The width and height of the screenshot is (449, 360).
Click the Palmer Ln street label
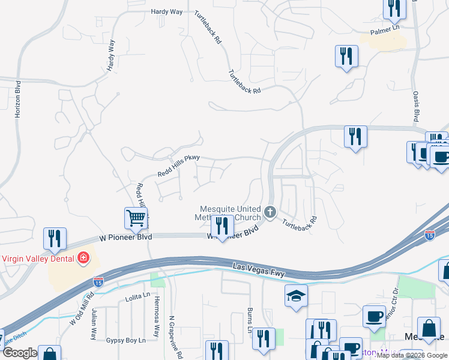385,28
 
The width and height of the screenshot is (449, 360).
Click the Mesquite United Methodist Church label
231,213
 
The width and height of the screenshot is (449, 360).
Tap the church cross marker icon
270,212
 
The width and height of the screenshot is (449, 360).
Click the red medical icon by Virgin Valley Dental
83,259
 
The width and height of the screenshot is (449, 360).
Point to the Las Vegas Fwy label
258,269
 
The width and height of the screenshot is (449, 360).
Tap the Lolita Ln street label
136,298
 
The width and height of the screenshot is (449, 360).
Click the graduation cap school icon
296,296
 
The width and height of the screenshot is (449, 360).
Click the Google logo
20,353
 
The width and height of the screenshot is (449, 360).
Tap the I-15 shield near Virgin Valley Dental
98,281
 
